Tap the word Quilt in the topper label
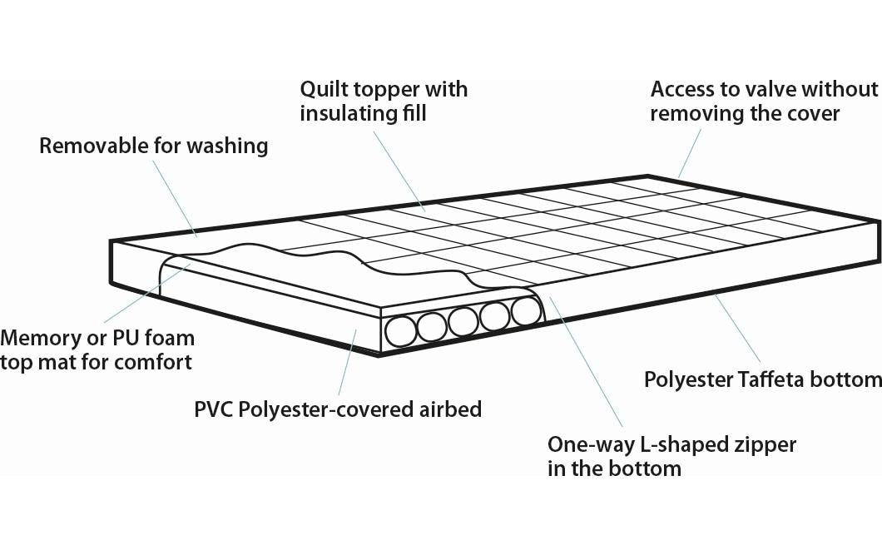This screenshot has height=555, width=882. pos(322,89)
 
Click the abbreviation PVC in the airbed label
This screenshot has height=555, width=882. pos(214,409)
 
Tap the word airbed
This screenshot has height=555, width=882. pos(450,409)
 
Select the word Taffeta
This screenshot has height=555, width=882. pos(771,379)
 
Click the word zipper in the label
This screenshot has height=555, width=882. pos(764,445)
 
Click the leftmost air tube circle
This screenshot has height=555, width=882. pos(400,331)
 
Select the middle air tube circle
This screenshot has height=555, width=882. pos(463,322)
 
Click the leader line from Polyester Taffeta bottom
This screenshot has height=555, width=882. pos(737,329)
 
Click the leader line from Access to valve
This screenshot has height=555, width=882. pos(690,153)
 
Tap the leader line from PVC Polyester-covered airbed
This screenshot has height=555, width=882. pos(347,363)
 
